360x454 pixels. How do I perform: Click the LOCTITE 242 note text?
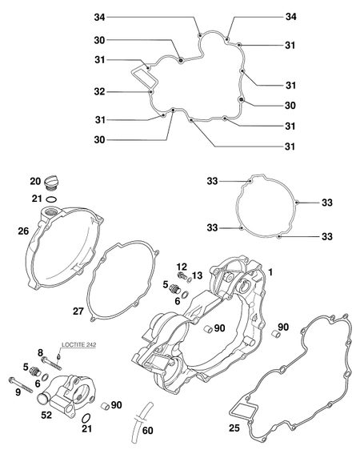pos(78,345)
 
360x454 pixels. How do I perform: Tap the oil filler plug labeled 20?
pos(50,183)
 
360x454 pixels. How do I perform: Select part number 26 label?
pos(23,231)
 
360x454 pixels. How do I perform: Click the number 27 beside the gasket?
pos(78,311)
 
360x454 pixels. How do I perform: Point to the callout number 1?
pos(270,272)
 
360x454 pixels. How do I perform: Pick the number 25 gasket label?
pos(234,428)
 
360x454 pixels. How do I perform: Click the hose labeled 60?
pos(142,422)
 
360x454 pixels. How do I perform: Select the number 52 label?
pos(46,416)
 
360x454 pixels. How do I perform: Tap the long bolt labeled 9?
pos(21,384)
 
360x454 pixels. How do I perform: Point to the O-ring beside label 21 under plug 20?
pos(51,199)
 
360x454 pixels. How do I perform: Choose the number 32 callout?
pos(99,92)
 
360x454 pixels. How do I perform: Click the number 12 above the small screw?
pos(182,267)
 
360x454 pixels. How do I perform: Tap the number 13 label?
pos(197,275)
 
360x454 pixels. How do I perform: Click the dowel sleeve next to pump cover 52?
pos(104,406)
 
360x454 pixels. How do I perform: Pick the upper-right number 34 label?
pos(291,17)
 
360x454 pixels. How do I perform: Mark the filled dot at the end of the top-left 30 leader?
pos(181,60)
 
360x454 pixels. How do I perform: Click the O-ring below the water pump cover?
pos(86,418)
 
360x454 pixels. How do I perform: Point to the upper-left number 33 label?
pos(212,181)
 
